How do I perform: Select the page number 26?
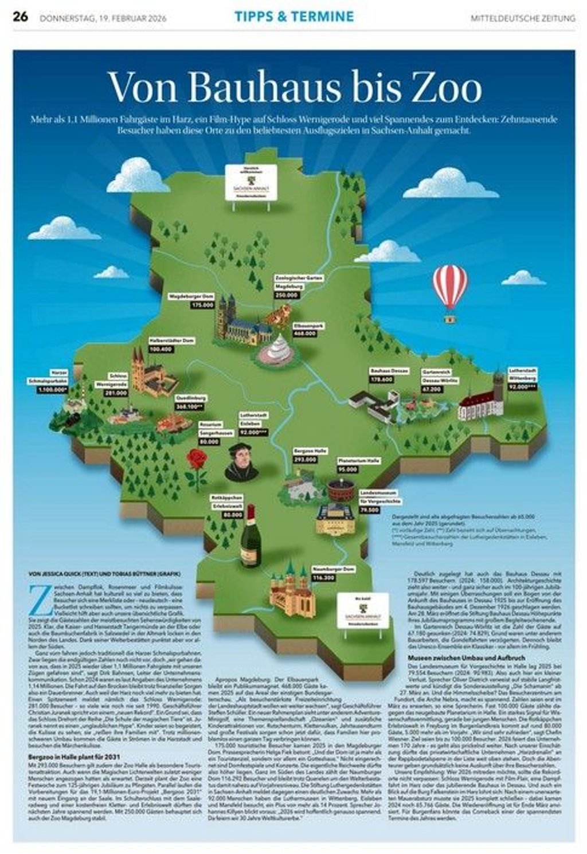pyautogui.click(x=20, y=17)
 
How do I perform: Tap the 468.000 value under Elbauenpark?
pyautogui.click(x=304, y=334)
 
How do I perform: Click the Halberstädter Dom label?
pyautogui.click(x=171, y=340)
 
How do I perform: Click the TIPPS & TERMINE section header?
pyautogui.click(x=294, y=17)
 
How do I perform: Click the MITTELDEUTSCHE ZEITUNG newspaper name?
pyautogui.click(x=523, y=18)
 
